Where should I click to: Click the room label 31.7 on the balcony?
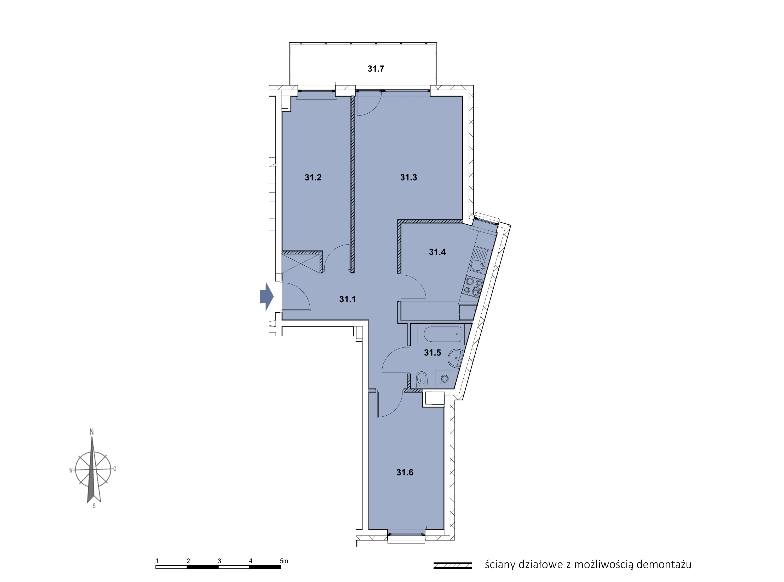coord(376,69)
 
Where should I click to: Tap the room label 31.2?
coord(313,177)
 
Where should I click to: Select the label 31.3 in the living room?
coord(408,177)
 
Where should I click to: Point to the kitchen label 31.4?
coord(437,252)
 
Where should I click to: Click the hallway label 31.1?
coord(347,299)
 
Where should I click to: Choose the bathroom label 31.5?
coord(432,353)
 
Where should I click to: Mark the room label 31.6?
coord(405,473)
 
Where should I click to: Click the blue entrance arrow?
coord(267,296)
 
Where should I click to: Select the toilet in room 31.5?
coord(422,380)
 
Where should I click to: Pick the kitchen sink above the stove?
coord(479,260)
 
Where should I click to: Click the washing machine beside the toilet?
coord(444,379)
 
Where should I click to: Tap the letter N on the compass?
coord(92,432)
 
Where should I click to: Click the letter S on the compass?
coord(94,506)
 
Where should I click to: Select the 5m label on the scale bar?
coord(284,561)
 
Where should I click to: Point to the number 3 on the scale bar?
coord(220,561)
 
